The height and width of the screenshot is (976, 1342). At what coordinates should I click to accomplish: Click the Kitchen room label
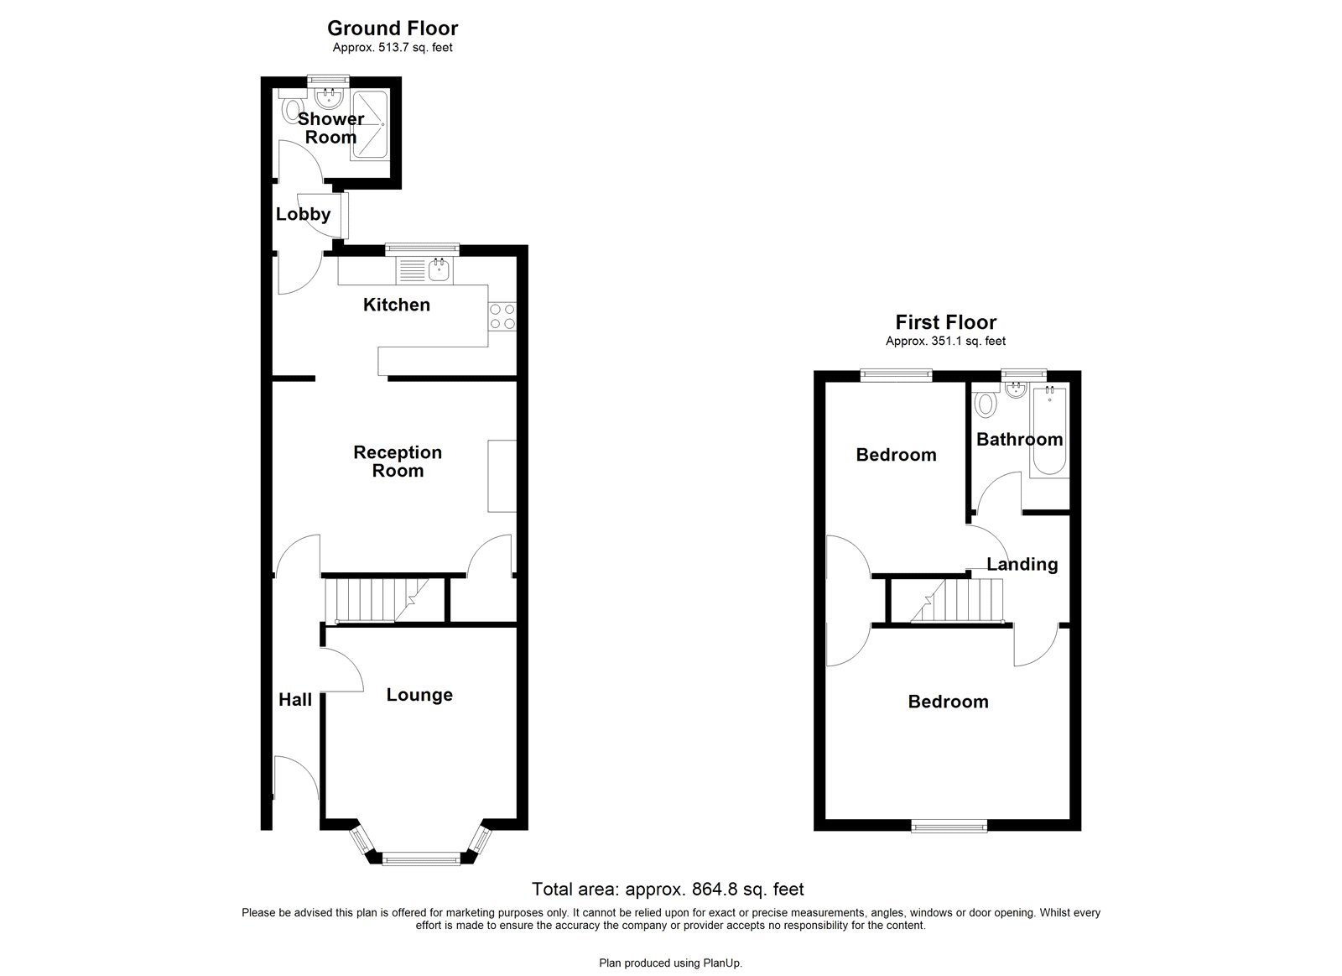[x=396, y=305]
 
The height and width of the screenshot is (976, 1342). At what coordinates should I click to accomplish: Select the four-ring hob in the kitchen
[x=502, y=316]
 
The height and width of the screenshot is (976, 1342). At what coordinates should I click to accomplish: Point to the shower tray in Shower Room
[x=369, y=125]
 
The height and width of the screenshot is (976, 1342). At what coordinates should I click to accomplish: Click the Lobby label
[x=303, y=214]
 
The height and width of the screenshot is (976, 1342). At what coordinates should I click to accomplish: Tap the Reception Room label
[x=398, y=462]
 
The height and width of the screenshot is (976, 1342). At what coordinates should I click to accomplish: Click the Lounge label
[x=419, y=695]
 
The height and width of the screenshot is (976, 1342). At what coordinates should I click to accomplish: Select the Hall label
[x=295, y=700]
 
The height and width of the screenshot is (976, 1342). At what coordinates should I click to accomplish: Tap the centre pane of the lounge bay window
[x=420, y=858]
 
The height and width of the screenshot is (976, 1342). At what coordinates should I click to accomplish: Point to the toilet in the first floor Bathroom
[x=986, y=404]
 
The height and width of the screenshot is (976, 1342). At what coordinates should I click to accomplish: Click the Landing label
[x=1022, y=564]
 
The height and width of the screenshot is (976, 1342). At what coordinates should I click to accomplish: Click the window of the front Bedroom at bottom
[x=949, y=827]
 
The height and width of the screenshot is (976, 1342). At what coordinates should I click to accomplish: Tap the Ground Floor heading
[x=393, y=29]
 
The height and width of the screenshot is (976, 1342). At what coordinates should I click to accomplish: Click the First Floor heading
[x=945, y=322]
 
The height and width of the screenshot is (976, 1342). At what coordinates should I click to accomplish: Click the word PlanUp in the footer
[x=723, y=963]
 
